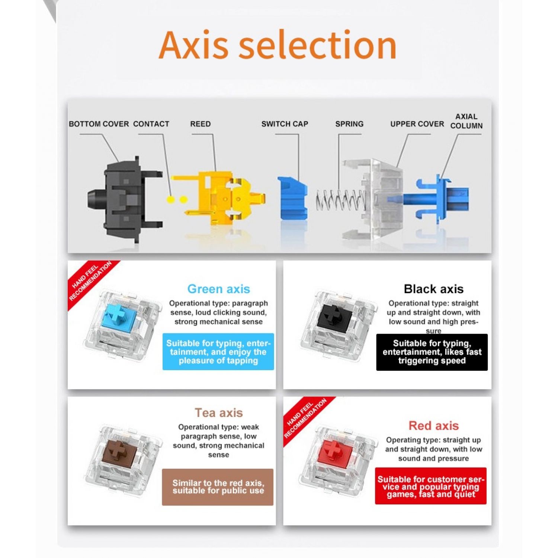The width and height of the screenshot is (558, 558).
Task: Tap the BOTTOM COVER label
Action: coord(99,124)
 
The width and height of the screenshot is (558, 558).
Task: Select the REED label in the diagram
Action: coord(201,124)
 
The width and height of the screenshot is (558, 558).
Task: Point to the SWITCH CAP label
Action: coord(285,124)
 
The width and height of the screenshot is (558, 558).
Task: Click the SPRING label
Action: coord(349,124)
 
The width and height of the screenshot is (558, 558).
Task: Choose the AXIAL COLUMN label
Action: coord(466,121)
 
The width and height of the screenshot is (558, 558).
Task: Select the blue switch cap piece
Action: coord(292,197)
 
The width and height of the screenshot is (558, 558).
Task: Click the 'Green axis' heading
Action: coord(218,289)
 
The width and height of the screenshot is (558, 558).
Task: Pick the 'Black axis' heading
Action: coord(434,289)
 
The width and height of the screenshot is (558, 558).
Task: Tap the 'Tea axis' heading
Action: coord(218,413)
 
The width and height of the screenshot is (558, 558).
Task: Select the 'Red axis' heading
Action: coord(434,426)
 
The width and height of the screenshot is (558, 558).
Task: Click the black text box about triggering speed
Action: coord(432,352)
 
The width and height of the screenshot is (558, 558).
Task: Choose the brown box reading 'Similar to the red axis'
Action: coord(218,487)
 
